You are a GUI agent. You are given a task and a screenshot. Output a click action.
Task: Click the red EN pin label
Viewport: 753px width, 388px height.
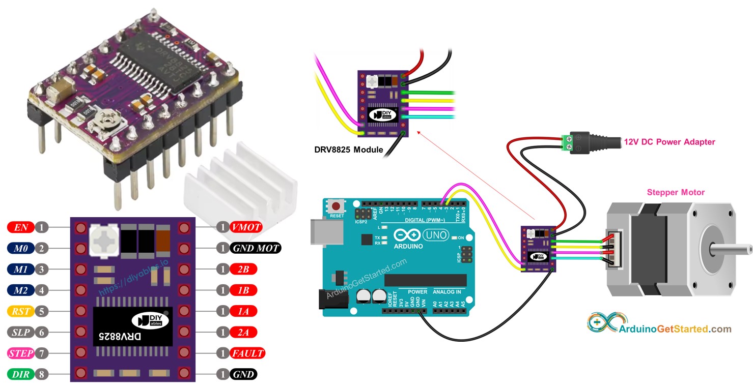click(21, 227)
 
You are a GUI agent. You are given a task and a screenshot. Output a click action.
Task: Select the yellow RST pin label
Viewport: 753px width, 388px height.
click(21, 311)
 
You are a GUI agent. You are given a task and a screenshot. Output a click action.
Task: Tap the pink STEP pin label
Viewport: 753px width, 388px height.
click(21, 353)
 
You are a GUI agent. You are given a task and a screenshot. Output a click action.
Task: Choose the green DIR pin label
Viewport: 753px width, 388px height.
click(21, 374)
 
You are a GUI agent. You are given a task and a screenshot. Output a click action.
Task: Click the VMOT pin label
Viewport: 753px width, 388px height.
click(246, 227)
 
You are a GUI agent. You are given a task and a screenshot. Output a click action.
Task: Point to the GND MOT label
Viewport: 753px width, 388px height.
click(255, 248)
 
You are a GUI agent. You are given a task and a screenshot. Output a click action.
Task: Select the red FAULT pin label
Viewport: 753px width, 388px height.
click(247, 353)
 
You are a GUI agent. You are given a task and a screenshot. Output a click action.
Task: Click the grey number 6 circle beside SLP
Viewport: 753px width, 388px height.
click(43, 332)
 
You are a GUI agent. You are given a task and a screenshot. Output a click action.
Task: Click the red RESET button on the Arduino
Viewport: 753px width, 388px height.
click(336, 206)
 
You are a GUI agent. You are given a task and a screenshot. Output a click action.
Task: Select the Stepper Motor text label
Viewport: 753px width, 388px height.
click(676, 192)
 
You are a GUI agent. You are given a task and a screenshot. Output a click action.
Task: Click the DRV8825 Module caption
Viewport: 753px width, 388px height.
click(348, 150)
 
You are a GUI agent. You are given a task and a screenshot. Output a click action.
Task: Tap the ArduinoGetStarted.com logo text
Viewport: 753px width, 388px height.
click(675, 329)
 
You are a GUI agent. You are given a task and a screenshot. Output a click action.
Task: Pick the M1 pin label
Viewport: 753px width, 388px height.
click(21, 269)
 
